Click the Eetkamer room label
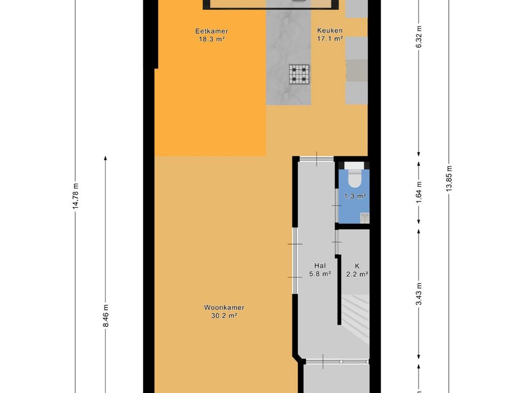(211, 31)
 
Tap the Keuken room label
(330, 30)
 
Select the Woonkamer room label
(224, 308)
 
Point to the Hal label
(320, 266)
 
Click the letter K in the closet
(357, 266)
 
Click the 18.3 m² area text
(211, 39)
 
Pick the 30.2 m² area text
(224, 315)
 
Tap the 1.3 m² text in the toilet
(355, 196)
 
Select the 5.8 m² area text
(320, 274)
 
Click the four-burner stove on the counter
(299, 74)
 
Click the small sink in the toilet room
(364, 217)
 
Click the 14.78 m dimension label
(76, 196)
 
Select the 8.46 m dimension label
(105, 316)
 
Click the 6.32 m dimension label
(419, 36)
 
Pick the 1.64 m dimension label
(419, 192)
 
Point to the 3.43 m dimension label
(419, 294)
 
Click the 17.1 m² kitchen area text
(330, 39)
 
